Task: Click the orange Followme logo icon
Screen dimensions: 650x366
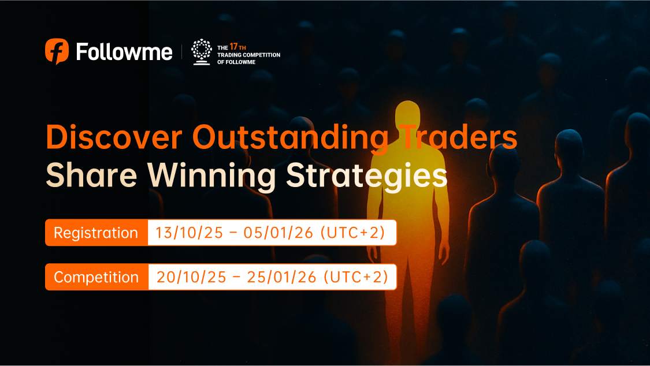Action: coord(57,51)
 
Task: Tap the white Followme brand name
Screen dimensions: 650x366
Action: coord(124,52)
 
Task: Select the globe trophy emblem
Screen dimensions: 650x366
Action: coord(202,52)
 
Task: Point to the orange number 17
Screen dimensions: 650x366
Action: coord(233,47)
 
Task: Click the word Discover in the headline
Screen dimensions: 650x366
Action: coord(114,137)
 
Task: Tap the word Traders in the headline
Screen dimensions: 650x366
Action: coord(460,137)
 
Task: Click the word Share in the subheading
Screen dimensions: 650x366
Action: coord(91,175)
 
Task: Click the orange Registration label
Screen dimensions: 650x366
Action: coord(96,233)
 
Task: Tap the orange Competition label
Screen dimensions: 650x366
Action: coord(96,277)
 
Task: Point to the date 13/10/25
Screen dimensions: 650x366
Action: coord(190,233)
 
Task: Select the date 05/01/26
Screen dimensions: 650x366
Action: coord(278,233)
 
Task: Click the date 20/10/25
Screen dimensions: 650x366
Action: coord(191,277)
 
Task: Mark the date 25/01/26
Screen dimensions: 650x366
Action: coord(282,277)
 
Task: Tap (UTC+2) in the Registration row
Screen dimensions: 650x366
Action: coord(353,233)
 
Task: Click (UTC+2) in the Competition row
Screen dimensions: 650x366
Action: coord(356,277)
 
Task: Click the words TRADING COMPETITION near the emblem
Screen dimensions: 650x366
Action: coord(248,55)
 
